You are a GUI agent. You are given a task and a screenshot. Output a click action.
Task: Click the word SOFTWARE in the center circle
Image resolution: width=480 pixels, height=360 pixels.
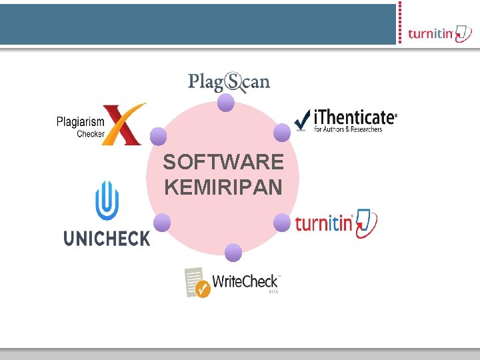(223, 162)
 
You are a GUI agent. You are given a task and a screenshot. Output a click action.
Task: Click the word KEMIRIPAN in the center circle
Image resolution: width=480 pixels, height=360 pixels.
(223, 187)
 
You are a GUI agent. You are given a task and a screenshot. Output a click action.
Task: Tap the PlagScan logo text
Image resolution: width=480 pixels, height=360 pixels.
(229, 82)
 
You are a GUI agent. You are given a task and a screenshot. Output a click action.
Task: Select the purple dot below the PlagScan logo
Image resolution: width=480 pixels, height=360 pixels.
(226, 103)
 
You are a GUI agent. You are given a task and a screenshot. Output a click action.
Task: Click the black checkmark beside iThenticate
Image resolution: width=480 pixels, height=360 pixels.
(301, 120)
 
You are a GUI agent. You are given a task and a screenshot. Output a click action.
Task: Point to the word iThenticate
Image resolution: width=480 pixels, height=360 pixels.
(355, 117)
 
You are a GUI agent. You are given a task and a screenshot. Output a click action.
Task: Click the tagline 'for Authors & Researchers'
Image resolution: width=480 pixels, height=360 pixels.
(348, 129)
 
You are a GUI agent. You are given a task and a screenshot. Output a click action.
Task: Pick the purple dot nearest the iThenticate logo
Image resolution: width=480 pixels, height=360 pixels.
(282, 133)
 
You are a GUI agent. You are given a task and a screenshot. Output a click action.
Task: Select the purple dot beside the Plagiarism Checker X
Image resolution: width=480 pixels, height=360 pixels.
(158, 137)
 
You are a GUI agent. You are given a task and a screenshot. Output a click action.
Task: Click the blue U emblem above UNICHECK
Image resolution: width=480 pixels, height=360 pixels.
(107, 200)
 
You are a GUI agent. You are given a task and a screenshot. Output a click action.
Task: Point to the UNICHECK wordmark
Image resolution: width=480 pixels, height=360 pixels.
(107, 237)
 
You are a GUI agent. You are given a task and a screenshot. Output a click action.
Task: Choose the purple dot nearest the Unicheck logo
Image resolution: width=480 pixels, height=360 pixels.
(162, 223)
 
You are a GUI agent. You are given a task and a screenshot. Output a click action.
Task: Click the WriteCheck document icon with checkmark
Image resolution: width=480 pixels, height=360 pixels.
(197, 282)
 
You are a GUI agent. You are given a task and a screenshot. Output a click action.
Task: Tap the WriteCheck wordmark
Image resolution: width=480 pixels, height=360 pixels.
(245, 281)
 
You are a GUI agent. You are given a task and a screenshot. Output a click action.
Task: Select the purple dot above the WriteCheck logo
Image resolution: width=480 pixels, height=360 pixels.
(233, 253)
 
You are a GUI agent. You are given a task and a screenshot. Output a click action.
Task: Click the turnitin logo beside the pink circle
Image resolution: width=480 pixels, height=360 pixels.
(335, 223)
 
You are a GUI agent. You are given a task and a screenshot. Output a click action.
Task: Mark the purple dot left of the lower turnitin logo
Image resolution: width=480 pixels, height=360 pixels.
(282, 223)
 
